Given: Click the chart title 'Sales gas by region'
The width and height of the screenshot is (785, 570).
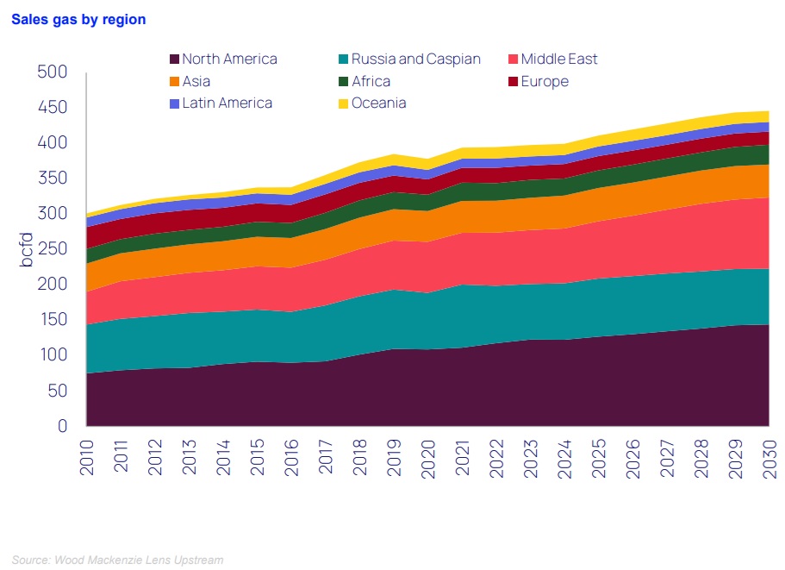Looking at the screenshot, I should click(x=78, y=19).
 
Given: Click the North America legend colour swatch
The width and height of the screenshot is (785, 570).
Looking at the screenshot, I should click(x=174, y=60).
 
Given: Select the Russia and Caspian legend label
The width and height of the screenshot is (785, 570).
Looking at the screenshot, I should click(x=416, y=60).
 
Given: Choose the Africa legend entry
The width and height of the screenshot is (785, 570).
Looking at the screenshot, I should click(x=371, y=82).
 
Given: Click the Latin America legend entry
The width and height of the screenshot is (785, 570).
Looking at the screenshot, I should click(x=227, y=103).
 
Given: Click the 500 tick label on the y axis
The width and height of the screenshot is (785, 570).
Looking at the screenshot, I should click(x=53, y=72).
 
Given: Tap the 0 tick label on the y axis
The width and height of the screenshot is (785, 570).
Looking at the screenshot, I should click(x=62, y=426).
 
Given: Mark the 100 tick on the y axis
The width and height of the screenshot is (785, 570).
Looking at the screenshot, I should click(x=53, y=355).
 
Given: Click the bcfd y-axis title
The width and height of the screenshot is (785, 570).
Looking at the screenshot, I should click(x=27, y=248).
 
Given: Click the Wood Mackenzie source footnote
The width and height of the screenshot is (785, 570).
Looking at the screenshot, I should click(x=118, y=561).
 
